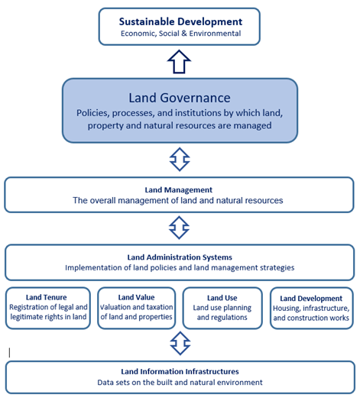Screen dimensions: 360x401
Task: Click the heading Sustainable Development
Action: coord(180,21)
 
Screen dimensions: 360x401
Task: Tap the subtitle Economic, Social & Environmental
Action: coord(180,34)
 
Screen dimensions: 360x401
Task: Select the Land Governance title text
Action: coord(180,98)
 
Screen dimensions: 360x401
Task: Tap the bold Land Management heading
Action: coord(179,189)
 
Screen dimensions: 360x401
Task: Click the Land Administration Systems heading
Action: coord(180,257)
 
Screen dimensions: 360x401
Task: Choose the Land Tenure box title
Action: coord(47,297)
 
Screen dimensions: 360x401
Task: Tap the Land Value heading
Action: coord(136,297)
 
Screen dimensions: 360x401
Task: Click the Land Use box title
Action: coord(222,298)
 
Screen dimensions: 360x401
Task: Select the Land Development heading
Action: coord(311,299)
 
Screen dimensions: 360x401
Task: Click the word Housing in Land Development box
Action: coord(287,309)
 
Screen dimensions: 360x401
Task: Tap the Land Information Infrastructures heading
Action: coord(180,371)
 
